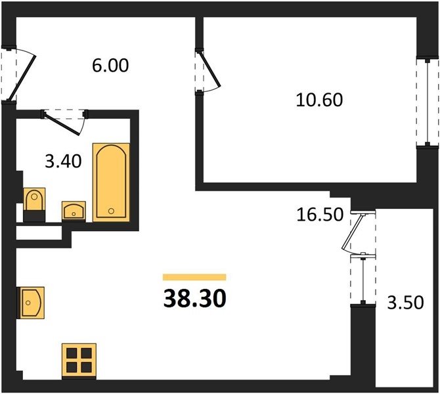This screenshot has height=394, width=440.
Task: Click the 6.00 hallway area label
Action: coord(110,66)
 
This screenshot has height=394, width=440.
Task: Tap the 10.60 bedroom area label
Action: coord(319,100)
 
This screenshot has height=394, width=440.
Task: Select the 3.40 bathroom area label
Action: coord(64,162)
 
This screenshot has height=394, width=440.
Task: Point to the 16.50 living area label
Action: coord(320,215)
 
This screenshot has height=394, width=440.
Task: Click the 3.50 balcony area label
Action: coord(405,303)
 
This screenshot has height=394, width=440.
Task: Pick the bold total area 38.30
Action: coord(195,299)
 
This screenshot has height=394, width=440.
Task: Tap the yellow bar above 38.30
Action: coord(194,277)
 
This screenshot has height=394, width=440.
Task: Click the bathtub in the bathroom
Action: coord(111,183)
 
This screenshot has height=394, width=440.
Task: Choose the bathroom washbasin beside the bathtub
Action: coord(74,211)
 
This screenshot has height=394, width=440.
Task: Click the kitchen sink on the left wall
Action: coord(31,303)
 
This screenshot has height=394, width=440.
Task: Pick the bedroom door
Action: coord(209,72)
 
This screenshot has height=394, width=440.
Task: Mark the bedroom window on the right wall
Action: coord(427,102)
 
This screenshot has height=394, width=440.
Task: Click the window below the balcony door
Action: coord(363,280)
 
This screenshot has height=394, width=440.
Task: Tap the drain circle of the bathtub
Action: coord(111,211)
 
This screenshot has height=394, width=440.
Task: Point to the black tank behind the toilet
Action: coord(34,216)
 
